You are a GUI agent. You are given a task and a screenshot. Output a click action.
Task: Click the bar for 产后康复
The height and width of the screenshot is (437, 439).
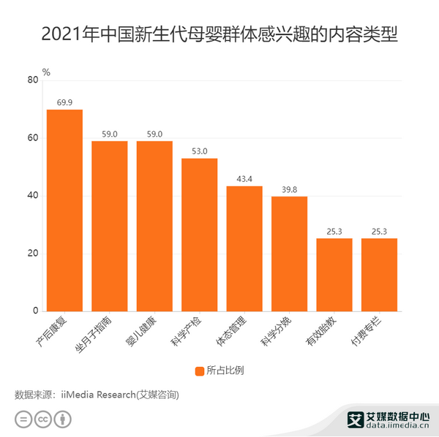(64, 210)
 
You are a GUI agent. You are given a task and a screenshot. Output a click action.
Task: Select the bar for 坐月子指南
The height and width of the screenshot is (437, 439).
(110, 226)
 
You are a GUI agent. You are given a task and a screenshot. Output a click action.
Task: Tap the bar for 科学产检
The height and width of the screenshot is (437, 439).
(199, 235)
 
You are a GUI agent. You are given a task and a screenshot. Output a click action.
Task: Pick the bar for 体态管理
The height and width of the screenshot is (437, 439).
(244, 248)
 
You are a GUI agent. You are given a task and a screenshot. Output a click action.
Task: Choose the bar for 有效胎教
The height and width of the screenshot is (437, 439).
(334, 275)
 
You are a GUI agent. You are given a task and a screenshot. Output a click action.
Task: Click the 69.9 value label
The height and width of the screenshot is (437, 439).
(64, 102)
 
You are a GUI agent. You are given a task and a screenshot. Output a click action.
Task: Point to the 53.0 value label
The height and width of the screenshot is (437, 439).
(199, 151)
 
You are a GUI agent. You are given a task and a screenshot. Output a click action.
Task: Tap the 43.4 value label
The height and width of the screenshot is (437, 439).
(244, 179)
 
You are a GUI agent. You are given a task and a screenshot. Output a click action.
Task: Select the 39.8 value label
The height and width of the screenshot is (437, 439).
(289, 189)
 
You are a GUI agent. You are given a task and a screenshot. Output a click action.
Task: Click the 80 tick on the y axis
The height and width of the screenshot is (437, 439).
(33, 80)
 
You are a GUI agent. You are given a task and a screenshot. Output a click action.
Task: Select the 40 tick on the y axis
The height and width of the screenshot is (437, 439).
(33, 196)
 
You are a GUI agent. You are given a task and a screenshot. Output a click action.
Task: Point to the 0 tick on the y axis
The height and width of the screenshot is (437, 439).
(35, 311)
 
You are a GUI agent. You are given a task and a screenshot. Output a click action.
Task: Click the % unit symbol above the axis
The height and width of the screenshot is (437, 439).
(45, 72)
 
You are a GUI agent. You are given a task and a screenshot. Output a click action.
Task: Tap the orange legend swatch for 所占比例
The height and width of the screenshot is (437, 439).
(200, 370)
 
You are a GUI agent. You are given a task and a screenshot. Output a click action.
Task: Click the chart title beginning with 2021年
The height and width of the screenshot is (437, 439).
(219, 34)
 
